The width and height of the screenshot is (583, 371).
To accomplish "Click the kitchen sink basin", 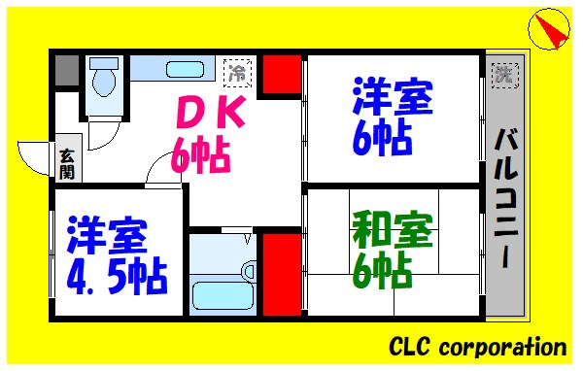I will pos(181,71).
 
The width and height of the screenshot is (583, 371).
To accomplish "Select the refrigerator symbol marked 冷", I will pos(237,71).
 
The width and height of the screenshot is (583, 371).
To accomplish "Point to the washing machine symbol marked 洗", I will pos(503,73).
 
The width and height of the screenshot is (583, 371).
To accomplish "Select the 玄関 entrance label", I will pos(67,162).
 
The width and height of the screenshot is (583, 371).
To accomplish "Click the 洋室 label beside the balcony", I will pos(392,99).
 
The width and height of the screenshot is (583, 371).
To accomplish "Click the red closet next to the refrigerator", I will pos(282,77).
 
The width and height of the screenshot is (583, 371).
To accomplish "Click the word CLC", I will pos(413,347).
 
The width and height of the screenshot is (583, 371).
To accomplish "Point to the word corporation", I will pos(504,347).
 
